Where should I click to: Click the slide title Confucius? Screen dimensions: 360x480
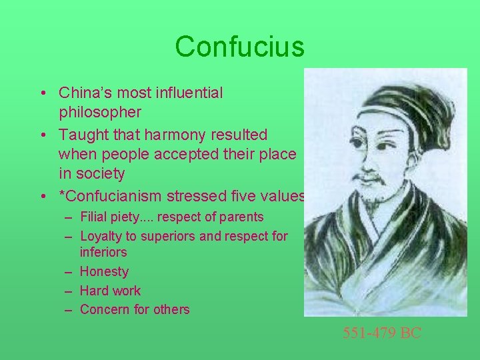[239, 47]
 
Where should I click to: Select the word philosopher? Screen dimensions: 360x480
[100, 112]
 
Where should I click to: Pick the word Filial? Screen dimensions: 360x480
[94, 217]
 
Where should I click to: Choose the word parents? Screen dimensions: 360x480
[243, 217]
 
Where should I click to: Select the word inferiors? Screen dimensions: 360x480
[103, 252]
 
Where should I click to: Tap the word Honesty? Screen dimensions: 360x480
[104, 271]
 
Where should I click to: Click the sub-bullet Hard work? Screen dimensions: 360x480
[110, 291]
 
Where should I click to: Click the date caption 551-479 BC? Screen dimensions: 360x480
[382, 333]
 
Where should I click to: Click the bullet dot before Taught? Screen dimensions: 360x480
[42, 135]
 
